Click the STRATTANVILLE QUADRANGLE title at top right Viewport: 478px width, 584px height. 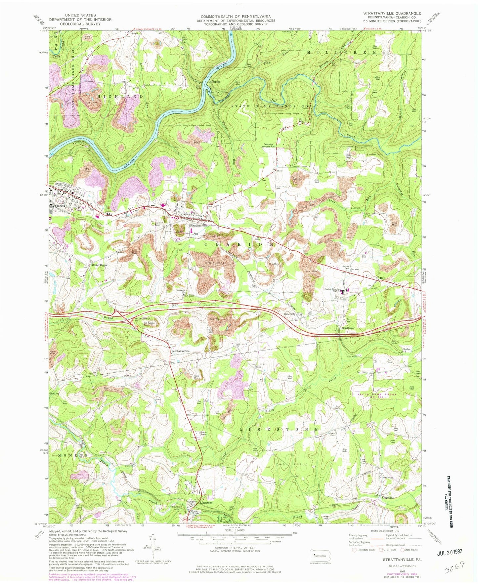[x=392, y=13]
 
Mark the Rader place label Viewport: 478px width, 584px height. [x=407, y=349]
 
